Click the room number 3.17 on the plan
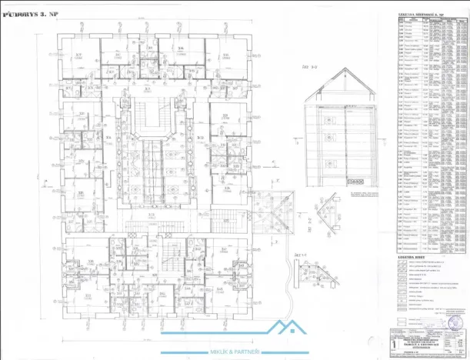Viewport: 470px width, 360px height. pos(80,55)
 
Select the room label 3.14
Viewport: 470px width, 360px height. pos(180,48)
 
